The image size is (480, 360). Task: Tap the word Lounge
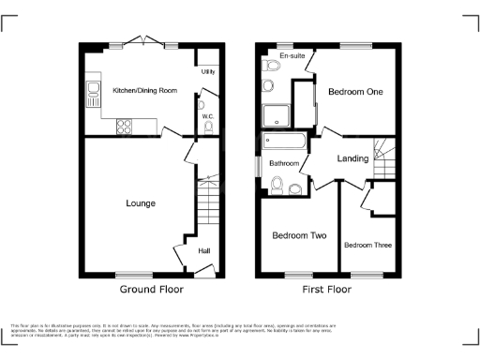click(141, 202)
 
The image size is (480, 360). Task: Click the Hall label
click(203, 250)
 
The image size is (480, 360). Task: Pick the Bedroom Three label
click(367, 246)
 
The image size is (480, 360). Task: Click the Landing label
click(352, 158)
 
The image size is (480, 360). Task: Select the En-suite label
click(277, 56)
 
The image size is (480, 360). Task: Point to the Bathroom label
click(284, 163)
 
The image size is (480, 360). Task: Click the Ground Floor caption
click(152, 291)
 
